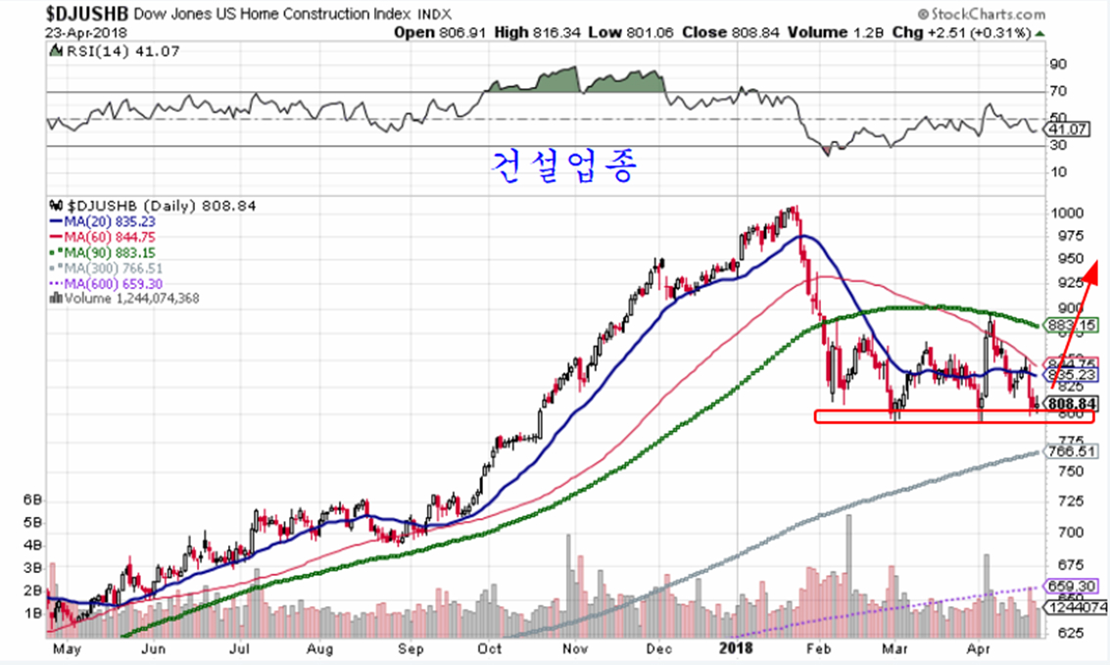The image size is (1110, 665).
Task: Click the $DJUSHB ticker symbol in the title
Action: point(86,14)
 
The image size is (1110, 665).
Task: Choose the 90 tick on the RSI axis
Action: point(1058,65)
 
